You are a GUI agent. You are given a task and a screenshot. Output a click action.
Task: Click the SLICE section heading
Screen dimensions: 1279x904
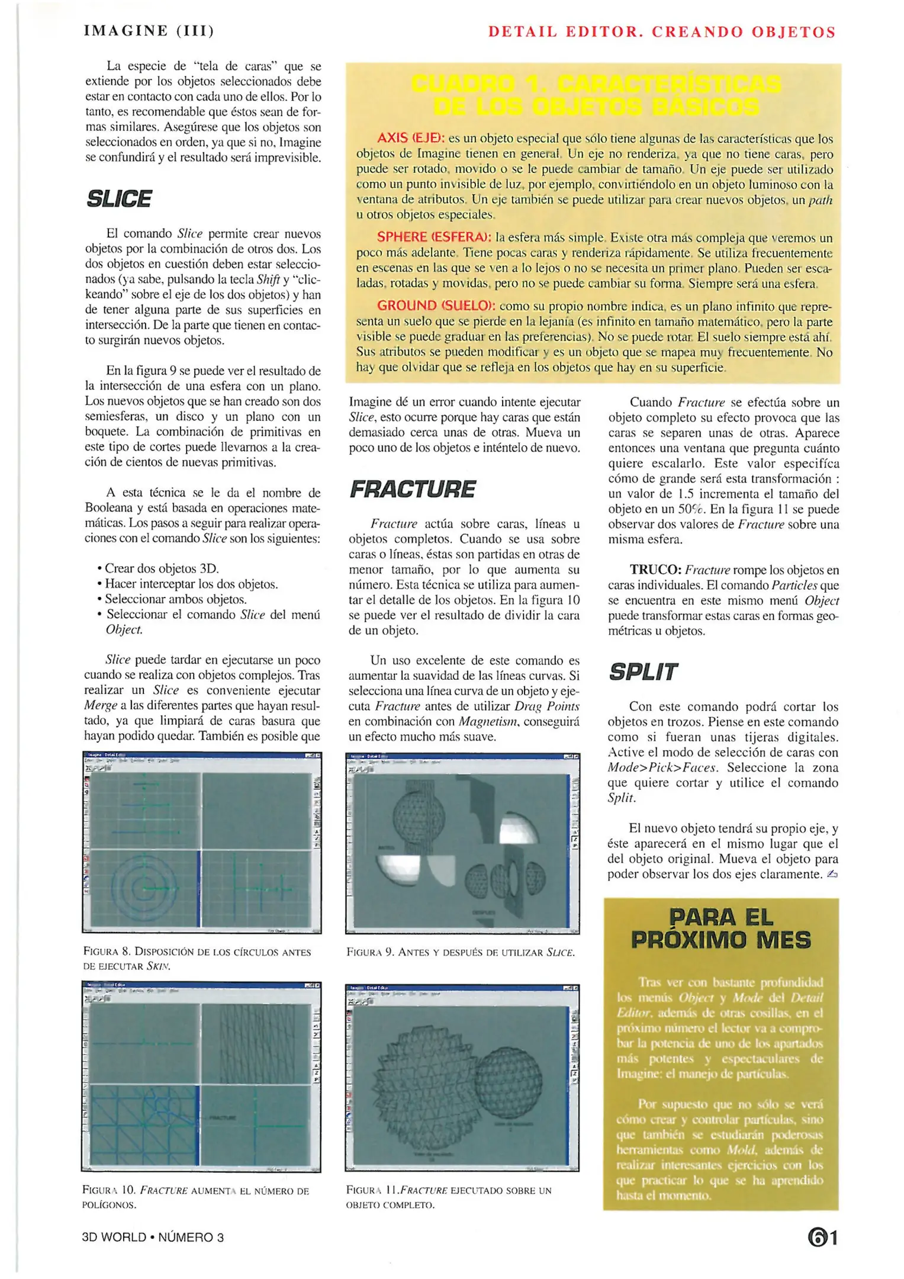pyautogui.click(x=119, y=199)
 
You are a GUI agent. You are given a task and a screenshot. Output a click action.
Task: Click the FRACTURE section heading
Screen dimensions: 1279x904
pyautogui.click(x=412, y=490)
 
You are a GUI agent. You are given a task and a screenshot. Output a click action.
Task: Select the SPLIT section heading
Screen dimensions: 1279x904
pyautogui.click(x=642, y=672)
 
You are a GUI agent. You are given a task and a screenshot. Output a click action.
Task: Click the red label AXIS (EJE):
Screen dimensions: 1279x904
pyautogui.click(x=410, y=139)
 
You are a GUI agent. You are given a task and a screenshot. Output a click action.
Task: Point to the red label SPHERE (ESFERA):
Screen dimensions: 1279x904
pyautogui.click(x=434, y=237)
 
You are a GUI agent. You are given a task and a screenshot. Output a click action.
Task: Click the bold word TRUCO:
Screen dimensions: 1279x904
pyautogui.click(x=655, y=570)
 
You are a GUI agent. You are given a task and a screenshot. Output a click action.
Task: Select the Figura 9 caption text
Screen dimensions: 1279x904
pyautogui.click(x=460, y=952)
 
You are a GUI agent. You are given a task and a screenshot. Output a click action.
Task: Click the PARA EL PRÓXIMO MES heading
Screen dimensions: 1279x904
pyautogui.click(x=720, y=928)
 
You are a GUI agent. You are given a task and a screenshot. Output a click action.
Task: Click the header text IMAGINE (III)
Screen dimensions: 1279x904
pyautogui.click(x=149, y=31)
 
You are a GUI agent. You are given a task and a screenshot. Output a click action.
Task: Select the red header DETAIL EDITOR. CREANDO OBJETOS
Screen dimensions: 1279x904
pyautogui.click(x=661, y=32)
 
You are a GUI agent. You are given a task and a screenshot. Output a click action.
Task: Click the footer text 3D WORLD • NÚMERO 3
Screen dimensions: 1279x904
pyautogui.click(x=153, y=1237)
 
